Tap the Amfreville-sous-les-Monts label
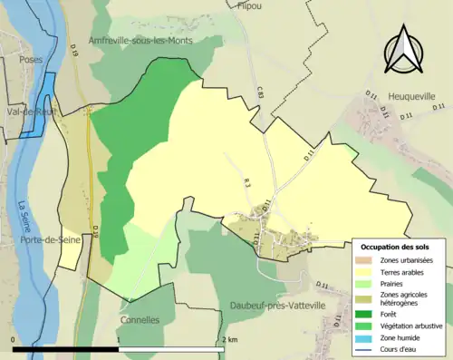[x=140, y=41]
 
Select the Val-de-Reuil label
[x=29, y=112]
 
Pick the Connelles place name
[x=140, y=320]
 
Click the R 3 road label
[x=246, y=184]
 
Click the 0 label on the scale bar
[x=14, y=339]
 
